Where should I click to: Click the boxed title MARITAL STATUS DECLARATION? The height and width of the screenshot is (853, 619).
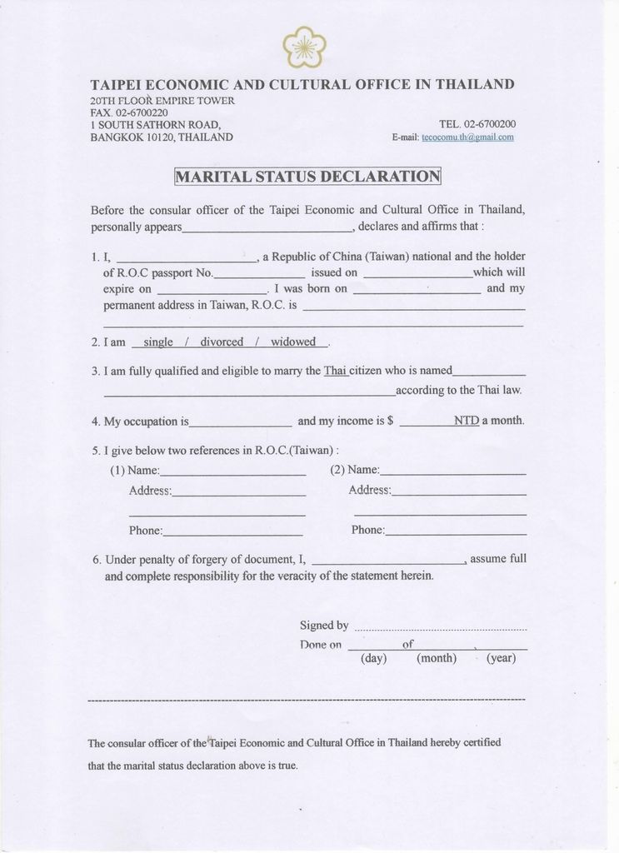point(307,176)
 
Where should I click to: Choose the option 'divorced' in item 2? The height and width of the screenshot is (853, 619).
point(222,342)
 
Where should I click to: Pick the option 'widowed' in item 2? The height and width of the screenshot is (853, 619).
point(293,342)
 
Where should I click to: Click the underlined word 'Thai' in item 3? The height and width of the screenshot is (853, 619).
point(335,371)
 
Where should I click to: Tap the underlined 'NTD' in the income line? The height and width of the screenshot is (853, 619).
point(467,421)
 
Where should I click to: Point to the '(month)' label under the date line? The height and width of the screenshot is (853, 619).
point(437,658)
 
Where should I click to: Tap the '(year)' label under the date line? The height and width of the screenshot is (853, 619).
point(501,658)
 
